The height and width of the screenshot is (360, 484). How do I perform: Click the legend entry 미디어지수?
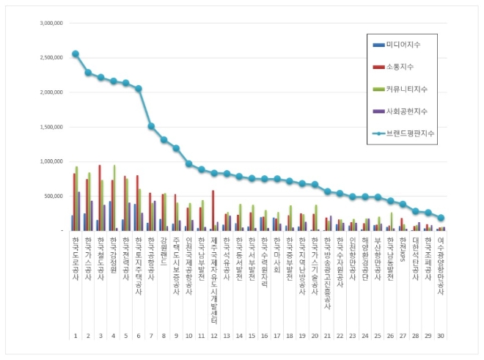[x=401, y=45]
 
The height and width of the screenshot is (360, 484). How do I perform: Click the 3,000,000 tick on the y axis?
[x=51, y=23]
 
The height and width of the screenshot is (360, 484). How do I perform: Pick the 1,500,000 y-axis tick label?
[x=51, y=127]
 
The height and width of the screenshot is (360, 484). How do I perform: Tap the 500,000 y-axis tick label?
[x=53, y=196]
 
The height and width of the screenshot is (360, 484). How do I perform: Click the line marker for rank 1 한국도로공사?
[x=76, y=54]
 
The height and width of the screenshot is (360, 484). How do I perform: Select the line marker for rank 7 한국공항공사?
[x=151, y=126]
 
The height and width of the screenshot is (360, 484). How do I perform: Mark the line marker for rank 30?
[x=441, y=218]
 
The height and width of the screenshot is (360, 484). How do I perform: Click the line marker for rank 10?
[x=189, y=164]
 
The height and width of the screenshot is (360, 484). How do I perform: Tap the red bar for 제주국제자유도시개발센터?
[x=213, y=210]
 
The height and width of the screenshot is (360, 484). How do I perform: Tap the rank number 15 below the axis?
[x=252, y=336]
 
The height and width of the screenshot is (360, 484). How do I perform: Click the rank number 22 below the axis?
[x=340, y=336]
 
